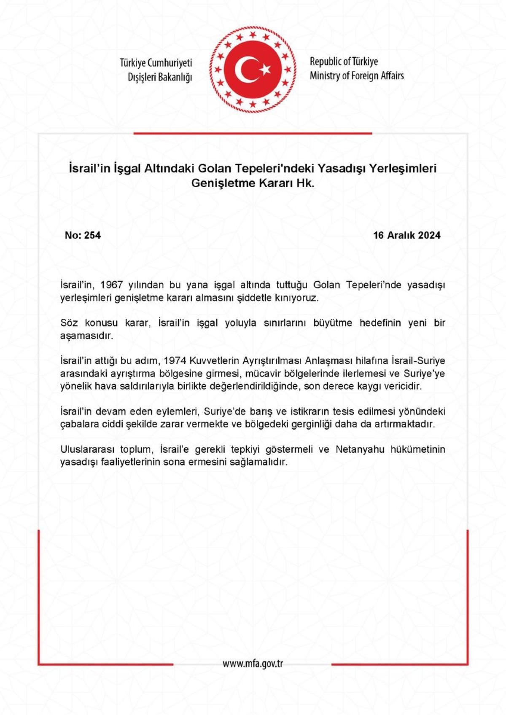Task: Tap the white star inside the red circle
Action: point(265,69)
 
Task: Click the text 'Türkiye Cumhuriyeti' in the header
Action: point(156,63)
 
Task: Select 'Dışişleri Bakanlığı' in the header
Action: point(160,77)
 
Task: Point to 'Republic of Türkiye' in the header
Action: point(344,62)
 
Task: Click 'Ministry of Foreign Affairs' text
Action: point(357,76)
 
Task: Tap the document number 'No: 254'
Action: point(83,235)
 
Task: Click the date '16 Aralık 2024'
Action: point(406,235)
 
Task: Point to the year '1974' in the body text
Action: point(175,361)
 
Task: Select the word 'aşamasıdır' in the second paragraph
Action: point(87,336)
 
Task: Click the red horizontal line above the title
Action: point(253,133)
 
